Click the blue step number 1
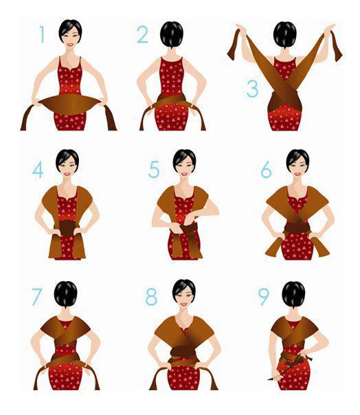coord(42,34)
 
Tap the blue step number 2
coord(142,34)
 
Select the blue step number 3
coord(252,89)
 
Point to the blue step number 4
coord(38,170)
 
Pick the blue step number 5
coord(154,169)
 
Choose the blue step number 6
coord(266,170)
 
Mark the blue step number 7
coord(37,297)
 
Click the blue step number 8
coord(151,297)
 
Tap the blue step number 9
coord(264,297)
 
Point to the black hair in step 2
coord(172,34)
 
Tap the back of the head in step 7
coord(66,294)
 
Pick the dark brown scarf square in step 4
coord(67,228)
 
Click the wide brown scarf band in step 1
coord(69,104)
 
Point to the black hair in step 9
coord(293,294)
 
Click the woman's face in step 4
coord(68,166)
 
